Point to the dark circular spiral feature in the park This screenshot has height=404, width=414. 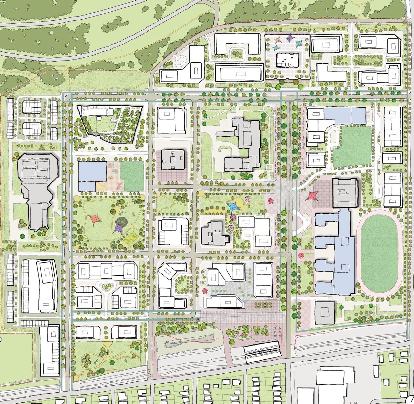tap(122, 222)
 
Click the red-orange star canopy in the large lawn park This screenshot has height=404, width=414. tap(95, 219)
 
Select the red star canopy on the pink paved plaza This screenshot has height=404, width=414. tap(312, 196)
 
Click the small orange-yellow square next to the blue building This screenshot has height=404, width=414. tap(101, 186)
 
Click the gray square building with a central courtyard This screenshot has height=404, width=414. tap(173, 160)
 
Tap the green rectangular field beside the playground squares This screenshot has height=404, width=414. tap(132, 176)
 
